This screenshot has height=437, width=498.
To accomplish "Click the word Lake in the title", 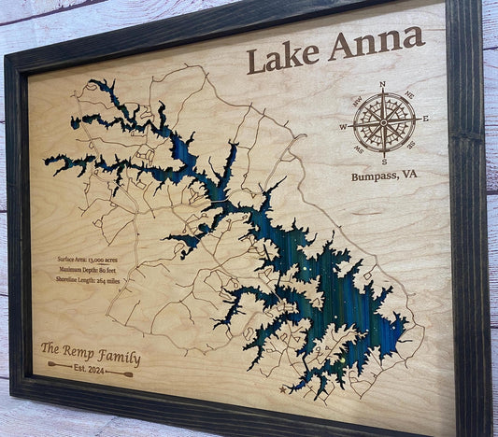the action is point(281,55).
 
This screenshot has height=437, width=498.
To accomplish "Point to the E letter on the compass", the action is point(424,119).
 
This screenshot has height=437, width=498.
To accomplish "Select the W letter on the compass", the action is point(343,126).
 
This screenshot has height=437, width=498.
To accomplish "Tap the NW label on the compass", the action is point(357,98).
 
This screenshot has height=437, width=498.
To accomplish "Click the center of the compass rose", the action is point(383,122).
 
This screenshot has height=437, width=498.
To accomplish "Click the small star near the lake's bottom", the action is point(283,389).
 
